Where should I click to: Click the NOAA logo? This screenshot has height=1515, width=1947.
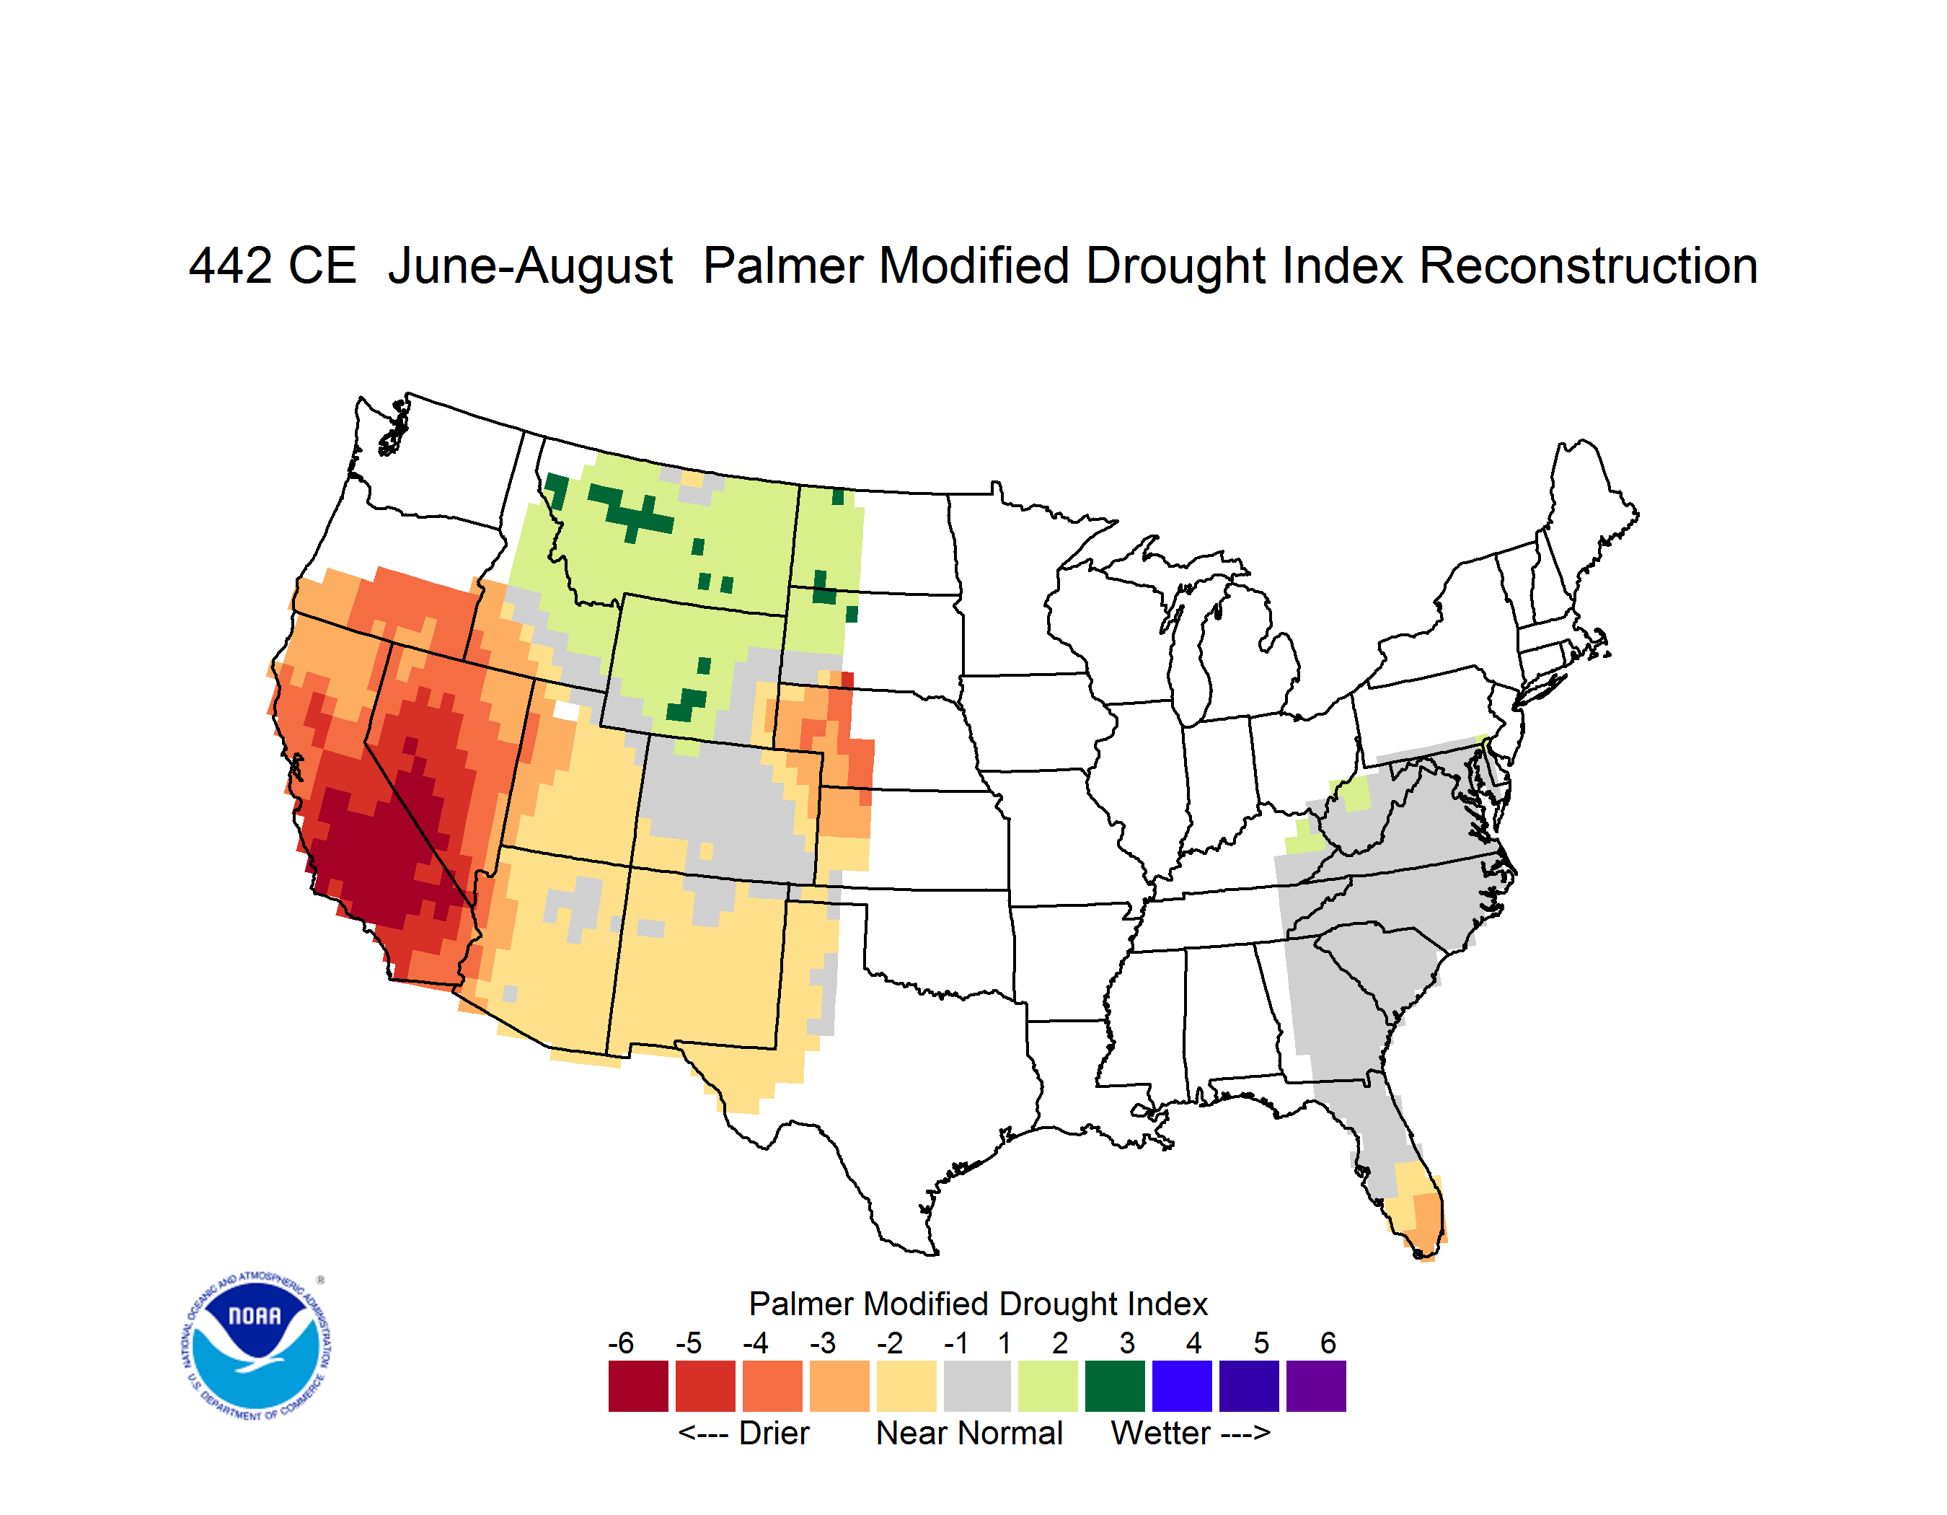(257, 1346)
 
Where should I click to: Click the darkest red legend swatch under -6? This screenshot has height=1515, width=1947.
(638, 1386)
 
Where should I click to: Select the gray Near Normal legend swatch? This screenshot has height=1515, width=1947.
(977, 1386)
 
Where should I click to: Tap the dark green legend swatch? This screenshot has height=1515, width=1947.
(1114, 1386)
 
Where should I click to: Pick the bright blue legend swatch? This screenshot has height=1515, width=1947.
(1182, 1386)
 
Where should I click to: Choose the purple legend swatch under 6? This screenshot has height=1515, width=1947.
(1316, 1386)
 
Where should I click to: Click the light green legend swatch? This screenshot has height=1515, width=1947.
(1048, 1386)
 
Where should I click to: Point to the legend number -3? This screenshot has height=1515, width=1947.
(823, 1343)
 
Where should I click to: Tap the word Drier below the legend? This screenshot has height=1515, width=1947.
(774, 1433)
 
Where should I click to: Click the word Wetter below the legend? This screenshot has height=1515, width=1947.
(1161, 1433)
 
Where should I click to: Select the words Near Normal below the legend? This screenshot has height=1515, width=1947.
(970, 1433)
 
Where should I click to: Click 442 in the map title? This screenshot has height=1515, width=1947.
(231, 265)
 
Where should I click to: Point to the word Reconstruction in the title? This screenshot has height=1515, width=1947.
(1588, 265)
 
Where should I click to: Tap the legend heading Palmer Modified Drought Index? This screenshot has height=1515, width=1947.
(978, 1304)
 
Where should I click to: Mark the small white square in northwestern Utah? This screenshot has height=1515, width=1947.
(566, 711)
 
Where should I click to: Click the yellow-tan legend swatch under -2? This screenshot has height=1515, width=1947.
(906, 1386)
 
